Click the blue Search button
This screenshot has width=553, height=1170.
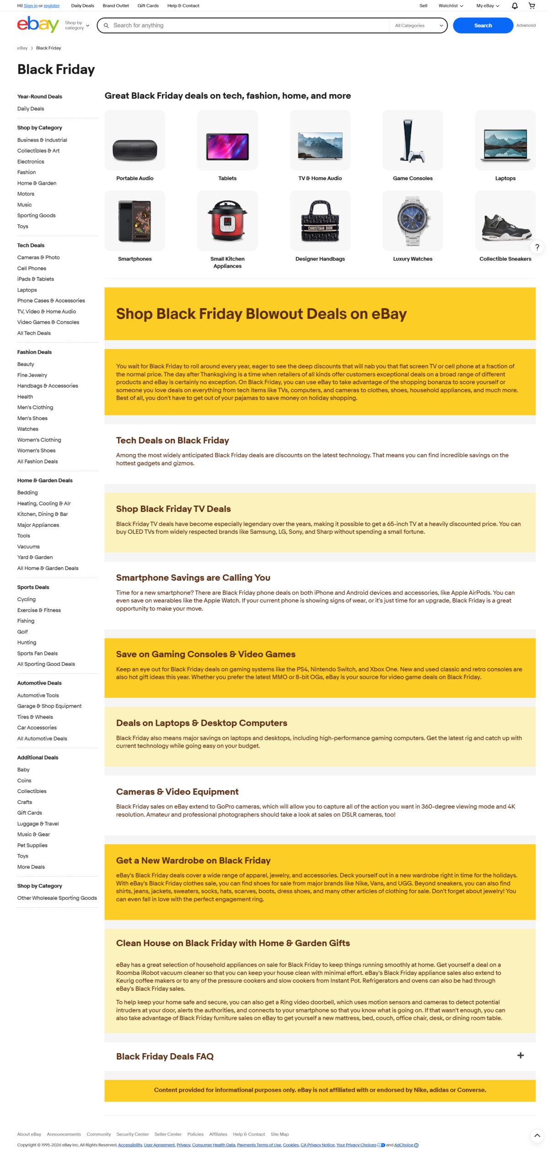point(482,26)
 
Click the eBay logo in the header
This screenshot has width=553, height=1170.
point(38,25)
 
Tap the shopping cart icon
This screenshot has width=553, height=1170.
point(531,6)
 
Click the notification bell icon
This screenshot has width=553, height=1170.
point(514,6)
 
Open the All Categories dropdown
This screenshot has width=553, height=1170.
point(418,26)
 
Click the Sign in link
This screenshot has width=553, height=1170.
point(31,6)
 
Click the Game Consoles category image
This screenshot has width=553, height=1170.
point(412,140)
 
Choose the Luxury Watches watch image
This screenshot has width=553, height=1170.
point(412,221)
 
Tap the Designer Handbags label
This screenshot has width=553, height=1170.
point(320,259)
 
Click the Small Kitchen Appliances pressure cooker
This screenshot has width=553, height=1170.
point(227,221)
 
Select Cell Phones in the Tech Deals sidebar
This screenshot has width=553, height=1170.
point(32,268)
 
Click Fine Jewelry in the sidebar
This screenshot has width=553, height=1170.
point(32,375)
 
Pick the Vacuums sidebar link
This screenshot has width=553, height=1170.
point(28,546)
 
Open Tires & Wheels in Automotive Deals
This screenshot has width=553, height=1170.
point(35,716)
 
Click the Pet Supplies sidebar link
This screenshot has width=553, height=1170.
point(32,845)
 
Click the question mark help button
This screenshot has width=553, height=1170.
point(537,247)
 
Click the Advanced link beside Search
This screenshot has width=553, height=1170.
point(526,26)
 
